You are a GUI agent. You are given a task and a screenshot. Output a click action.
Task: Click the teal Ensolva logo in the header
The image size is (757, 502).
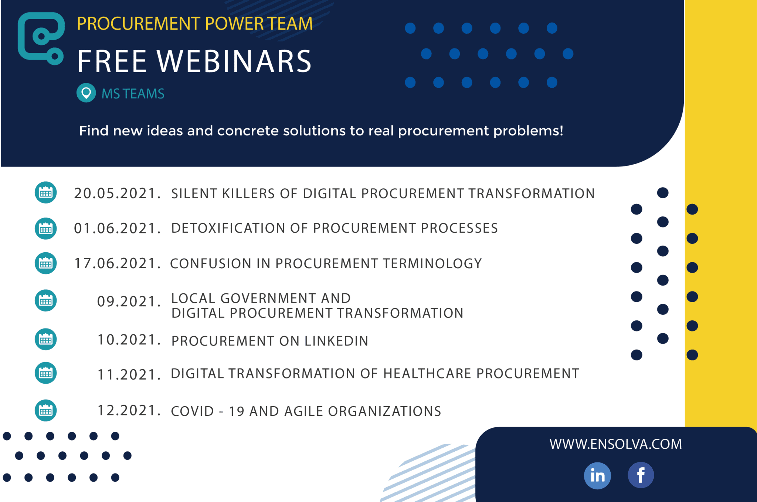click(41, 39)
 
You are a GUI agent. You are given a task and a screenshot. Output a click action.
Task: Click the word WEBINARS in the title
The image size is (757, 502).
click(234, 61)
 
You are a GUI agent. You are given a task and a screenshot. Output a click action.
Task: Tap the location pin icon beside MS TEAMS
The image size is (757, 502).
click(86, 92)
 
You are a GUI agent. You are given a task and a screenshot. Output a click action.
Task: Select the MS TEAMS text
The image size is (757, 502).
click(133, 94)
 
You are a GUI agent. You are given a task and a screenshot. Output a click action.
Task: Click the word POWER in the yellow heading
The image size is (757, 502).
click(234, 24)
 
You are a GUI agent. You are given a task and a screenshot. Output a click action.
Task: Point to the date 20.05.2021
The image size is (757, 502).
click(117, 193)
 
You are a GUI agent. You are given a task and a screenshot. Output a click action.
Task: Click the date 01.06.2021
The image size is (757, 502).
click(117, 228)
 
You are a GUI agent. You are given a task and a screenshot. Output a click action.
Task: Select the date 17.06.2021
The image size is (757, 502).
click(117, 263)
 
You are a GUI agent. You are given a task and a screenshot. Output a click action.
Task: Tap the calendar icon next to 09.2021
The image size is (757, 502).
click(46, 300)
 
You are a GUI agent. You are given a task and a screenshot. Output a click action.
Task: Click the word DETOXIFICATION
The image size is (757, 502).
click(228, 228)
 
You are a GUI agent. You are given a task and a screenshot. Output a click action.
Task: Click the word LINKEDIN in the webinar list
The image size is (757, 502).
click(336, 341)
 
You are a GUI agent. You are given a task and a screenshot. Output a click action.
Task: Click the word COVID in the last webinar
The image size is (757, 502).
click(192, 411)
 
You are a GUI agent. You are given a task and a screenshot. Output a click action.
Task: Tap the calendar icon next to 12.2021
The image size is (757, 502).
click(46, 410)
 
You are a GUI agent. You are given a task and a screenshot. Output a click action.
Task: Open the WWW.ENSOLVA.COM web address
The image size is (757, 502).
click(615, 444)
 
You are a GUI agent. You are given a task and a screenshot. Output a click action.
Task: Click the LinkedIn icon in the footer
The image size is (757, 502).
click(597, 476)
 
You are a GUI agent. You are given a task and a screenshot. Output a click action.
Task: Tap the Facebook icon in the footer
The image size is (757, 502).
click(641, 475)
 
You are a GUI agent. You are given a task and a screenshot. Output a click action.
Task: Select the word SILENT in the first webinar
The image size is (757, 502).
click(194, 194)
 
